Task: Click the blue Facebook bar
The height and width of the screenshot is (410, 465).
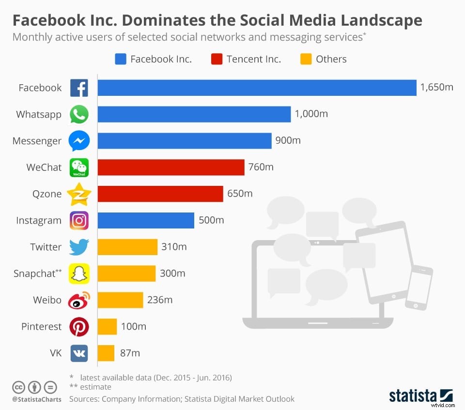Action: point(257,88)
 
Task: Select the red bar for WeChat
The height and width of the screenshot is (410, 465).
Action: point(171,167)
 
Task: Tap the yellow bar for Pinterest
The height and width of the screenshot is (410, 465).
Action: point(107,327)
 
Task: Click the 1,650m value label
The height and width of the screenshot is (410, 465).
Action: point(436,88)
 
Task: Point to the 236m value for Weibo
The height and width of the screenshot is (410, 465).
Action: point(160,300)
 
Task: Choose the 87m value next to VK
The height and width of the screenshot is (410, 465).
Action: point(130,353)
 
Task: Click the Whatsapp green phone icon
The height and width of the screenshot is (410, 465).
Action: point(79,115)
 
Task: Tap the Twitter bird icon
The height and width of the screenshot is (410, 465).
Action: point(79,247)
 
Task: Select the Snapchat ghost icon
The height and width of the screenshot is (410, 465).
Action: point(79,274)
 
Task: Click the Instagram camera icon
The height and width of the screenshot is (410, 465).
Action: point(79,221)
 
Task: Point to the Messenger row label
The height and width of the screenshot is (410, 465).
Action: point(37,141)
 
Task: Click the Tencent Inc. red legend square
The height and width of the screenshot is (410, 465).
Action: point(217,59)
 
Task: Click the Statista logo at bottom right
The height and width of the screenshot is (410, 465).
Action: point(420,395)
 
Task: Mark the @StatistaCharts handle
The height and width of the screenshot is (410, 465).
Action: point(36,399)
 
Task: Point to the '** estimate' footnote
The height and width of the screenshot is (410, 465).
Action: point(90,387)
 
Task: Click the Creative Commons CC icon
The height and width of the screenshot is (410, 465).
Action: point(19,387)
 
